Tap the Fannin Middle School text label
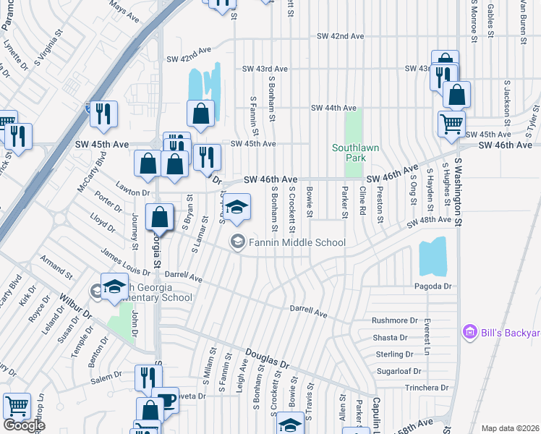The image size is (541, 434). tap(297, 242)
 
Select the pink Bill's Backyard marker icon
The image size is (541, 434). tap(469, 332)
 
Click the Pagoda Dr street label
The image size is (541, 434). tap(433, 286)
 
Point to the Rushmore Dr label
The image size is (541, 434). tap(395, 320)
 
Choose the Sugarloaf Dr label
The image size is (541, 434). tap(396, 371)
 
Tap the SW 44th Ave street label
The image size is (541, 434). tap(335, 108)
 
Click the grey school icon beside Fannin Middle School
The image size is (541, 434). tap(237, 242)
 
